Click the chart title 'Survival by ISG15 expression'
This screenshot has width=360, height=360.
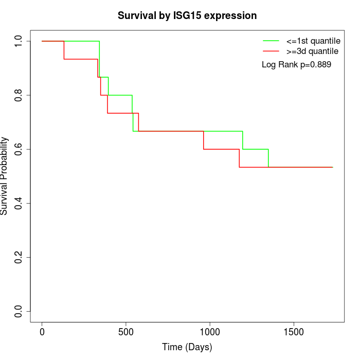coord(187,15)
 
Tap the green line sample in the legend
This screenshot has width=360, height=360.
coord(271,41)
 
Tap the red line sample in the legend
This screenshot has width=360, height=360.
coord(271,51)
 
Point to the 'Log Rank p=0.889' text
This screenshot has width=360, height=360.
coord(296,65)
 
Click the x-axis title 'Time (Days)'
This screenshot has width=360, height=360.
coord(187,348)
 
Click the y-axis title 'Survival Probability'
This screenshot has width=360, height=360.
coord(5,176)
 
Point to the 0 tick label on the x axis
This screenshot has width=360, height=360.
coord(42,331)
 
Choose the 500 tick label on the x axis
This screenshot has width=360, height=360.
coord(126,331)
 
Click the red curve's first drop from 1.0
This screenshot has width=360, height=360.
coord(64,50)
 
